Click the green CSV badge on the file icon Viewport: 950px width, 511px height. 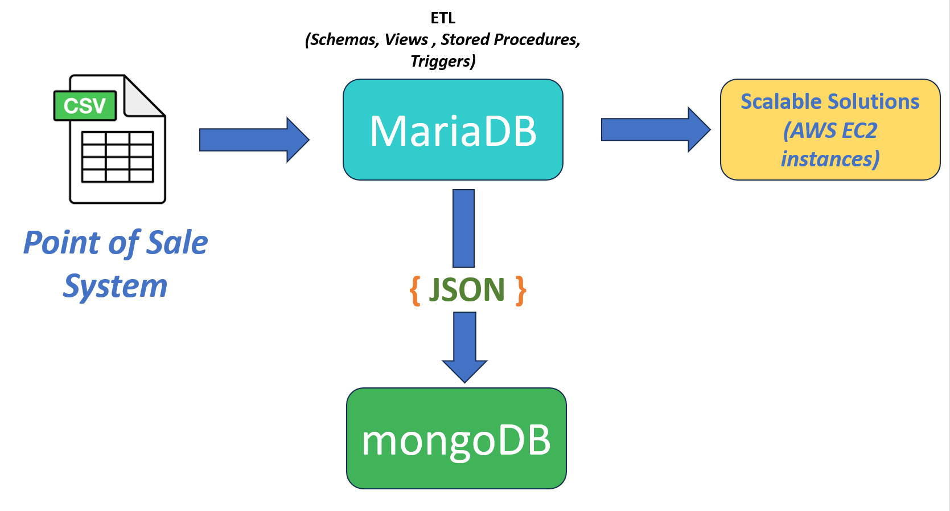tap(85, 105)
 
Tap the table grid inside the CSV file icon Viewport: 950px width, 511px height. tap(117, 157)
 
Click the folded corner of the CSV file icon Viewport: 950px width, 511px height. tap(144, 96)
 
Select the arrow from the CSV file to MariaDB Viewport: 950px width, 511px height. tap(254, 140)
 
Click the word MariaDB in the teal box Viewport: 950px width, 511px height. tap(453, 131)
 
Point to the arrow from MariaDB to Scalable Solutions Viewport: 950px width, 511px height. tap(656, 129)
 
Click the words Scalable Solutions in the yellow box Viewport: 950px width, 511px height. tap(830, 101)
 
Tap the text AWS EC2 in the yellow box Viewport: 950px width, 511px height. tap(830, 130)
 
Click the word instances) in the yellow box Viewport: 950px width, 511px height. tap(830, 159)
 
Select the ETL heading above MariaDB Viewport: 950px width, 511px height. tap(443, 18)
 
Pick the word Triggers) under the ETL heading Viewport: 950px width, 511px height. tap(443, 61)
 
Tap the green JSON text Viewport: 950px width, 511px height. tap(467, 290)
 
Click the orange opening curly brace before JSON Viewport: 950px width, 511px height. tap(415, 291)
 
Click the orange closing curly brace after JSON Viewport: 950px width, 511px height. tap(520, 291)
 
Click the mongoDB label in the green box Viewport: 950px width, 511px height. tap(457, 441)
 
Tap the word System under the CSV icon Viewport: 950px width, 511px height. tap(115, 287)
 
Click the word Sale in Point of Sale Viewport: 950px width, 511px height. tap(176, 243)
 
